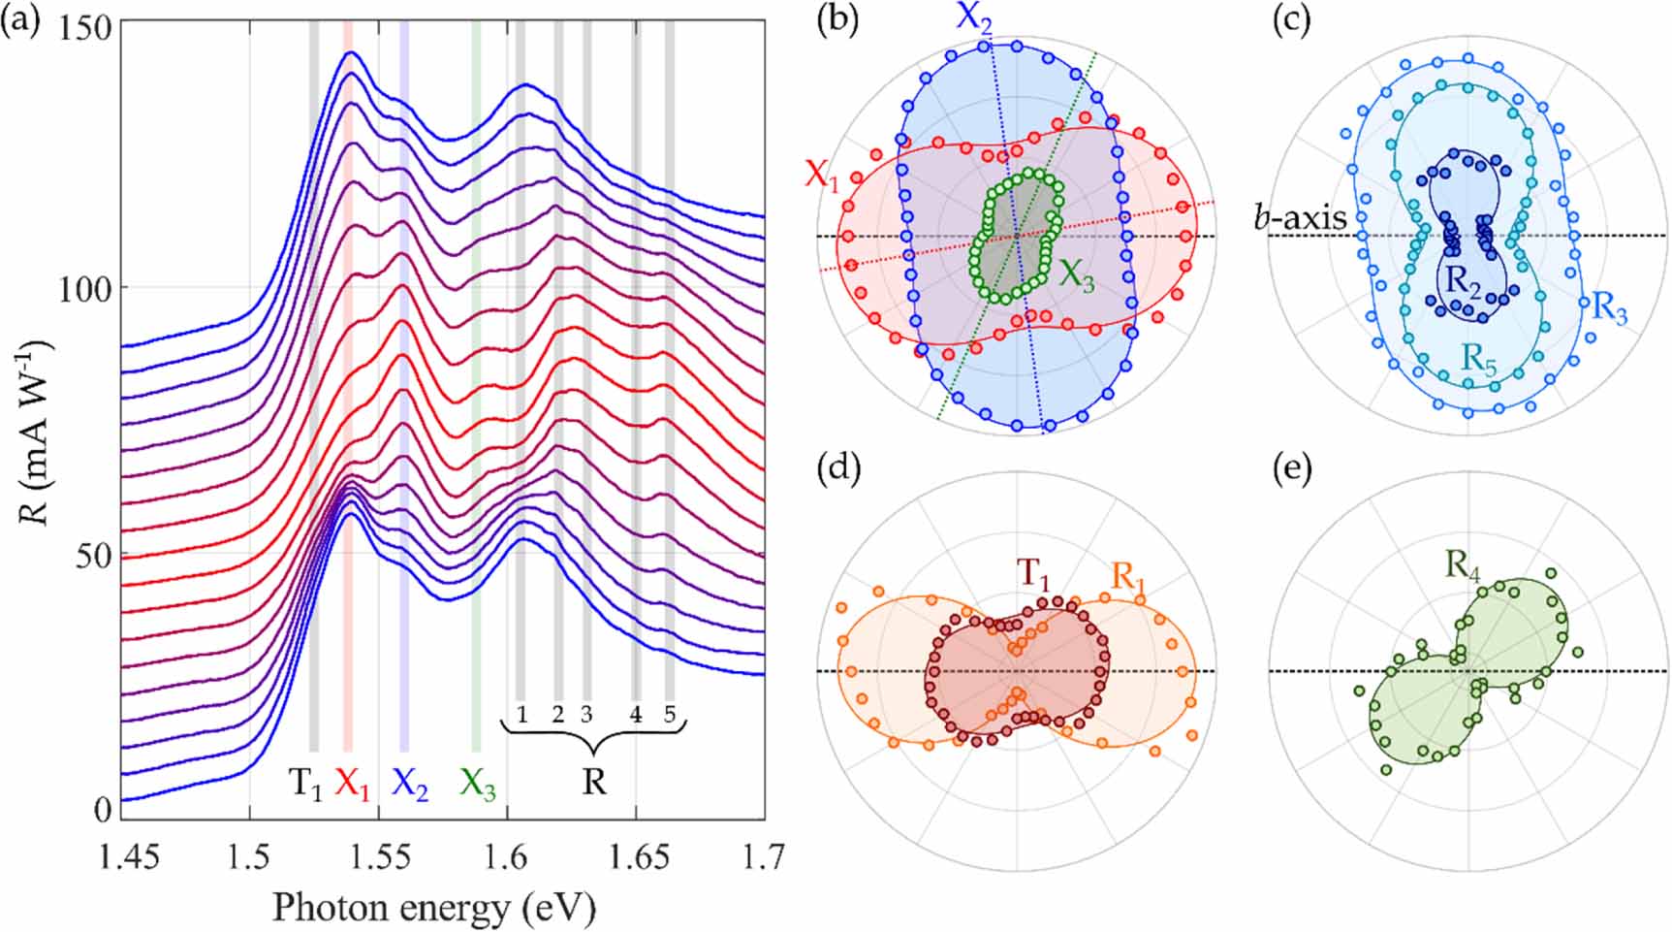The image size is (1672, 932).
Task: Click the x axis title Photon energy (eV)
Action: point(433,907)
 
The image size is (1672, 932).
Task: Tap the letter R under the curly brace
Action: point(594,782)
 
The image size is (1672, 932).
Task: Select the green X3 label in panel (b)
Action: point(1077,276)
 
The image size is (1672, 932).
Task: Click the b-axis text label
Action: point(1301,217)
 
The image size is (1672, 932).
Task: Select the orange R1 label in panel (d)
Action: point(1130,576)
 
